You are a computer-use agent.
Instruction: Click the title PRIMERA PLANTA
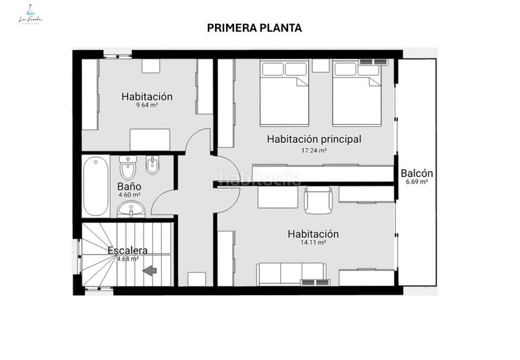coord(254,28)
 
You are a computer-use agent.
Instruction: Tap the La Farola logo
coord(30,15)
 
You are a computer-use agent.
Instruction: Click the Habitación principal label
coord(314,139)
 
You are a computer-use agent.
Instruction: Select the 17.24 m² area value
coord(314,150)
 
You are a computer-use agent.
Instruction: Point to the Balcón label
coord(417,174)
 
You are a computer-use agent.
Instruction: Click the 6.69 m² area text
coord(417,183)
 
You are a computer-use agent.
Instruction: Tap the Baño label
coord(129,186)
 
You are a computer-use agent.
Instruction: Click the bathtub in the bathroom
coord(96,186)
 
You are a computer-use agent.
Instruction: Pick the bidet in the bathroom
coord(153,168)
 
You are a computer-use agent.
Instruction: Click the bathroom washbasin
coord(132,210)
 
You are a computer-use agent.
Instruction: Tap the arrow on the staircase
coord(149,270)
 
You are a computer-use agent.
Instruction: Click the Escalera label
coord(127,250)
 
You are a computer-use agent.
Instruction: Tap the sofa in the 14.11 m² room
coord(290,274)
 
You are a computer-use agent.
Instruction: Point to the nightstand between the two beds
coord(320,66)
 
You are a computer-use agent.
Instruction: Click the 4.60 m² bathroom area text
coord(129,195)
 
